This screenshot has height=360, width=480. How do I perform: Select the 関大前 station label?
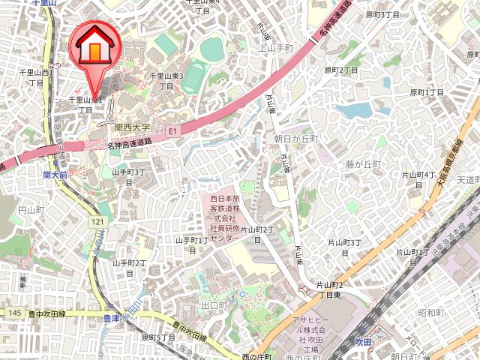55,174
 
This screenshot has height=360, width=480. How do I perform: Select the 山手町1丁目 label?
191,244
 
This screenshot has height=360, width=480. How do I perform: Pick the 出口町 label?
214,306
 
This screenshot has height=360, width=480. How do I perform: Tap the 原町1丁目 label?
427,92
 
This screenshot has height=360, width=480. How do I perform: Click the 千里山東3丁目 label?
167,80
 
